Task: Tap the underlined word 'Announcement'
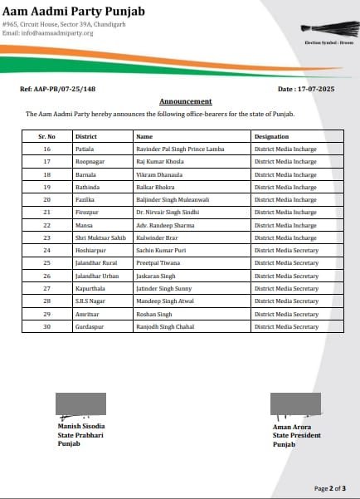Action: click(179, 101)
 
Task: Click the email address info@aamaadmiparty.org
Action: click(47, 33)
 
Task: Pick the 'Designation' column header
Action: click(272, 135)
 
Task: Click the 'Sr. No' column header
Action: click(46, 135)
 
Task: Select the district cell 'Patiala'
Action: click(85, 148)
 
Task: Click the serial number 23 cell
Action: click(46, 237)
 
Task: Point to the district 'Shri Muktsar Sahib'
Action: click(100, 237)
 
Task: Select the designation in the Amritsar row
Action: click(286, 315)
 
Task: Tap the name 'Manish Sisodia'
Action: click(81, 427)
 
